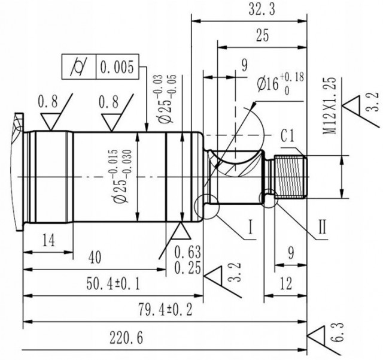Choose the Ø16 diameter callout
pyautogui.click(x=272, y=84)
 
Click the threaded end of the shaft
pyautogui.click(x=290, y=177)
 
